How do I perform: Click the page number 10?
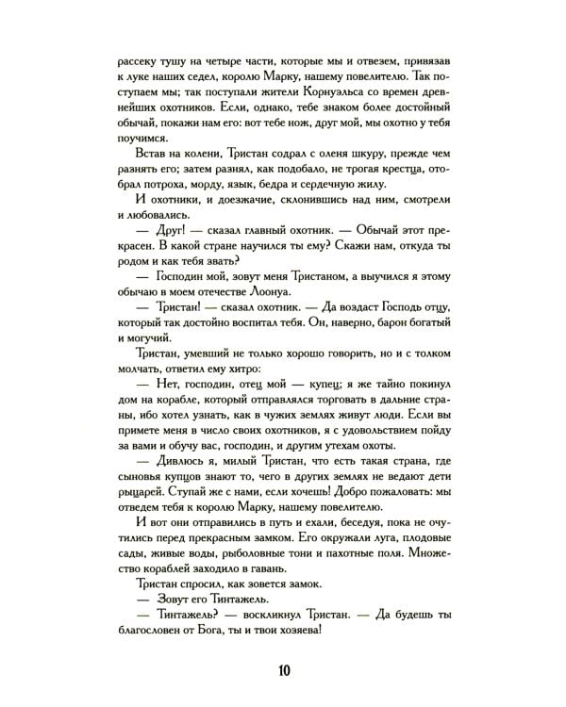pyautogui.click(x=283, y=670)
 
